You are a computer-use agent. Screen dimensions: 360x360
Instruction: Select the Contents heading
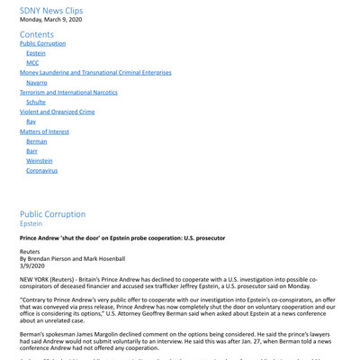pyautogui.click(x=37, y=34)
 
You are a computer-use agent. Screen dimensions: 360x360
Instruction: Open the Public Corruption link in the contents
pyautogui.click(x=42, y=43)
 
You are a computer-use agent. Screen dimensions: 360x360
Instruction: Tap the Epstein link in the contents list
pyautogui.click(x=35, y=53)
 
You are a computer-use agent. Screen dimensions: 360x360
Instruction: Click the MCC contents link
pyautogui.click(x=32, y=63)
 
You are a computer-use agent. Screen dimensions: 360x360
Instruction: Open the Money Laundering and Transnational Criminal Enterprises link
pyautogui.click(x=95, y=73)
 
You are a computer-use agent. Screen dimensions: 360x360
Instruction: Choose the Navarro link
pyautogui.click(x=37, y=82)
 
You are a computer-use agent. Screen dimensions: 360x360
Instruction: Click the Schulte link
pyautogui.click(x=37, y=102)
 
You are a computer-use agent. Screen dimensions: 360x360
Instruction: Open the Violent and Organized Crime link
pyautogui.click(x=57, y=112)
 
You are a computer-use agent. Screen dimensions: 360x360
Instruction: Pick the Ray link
pyautogui.click(x=31, y=121)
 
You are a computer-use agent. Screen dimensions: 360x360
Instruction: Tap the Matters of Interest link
pyautogui.click(x=44, y=130)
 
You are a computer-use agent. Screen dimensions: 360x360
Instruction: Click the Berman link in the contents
pyautogui.click(x=36, y=140)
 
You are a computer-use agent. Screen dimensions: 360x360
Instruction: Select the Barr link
pyautogui.click(x=32, y=150)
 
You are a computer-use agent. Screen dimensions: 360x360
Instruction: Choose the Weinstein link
pyautogui.click(x=39, y=160)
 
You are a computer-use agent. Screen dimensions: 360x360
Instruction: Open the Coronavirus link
pyautogui.click(x=41, y=170)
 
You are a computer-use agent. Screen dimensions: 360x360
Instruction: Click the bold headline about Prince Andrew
pyautogui.click(x=122, y=238)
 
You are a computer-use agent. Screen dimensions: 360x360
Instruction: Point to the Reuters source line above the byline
pyautogui.click(x=31, y=253)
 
